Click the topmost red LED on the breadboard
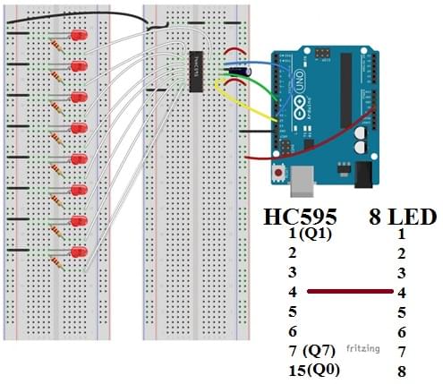tap(79, 36)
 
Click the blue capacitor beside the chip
tap(238, 67)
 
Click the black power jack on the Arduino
tap(364, 174)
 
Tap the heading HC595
tap(299, 218)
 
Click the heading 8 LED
tap(402, 218)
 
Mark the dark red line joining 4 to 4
tap(349, 291)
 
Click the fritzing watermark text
tap(363, 347)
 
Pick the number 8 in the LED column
tap(402, 369)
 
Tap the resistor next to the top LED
tap(59, 45)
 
